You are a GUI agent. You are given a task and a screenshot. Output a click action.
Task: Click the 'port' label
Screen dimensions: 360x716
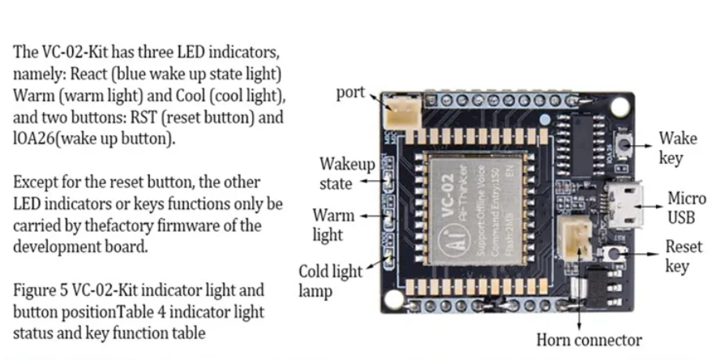click(350, 93)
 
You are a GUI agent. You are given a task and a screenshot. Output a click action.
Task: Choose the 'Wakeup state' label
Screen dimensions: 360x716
click(346, 174)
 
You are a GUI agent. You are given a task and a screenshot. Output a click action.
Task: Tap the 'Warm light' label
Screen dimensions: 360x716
click(333, 225)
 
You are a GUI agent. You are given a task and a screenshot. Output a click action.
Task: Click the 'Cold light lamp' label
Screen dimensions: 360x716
click(330, 281)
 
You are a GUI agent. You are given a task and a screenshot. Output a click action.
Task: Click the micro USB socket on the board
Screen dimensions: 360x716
click(624, 207)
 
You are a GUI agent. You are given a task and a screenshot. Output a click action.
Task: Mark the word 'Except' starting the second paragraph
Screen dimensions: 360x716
click(35, 182)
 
